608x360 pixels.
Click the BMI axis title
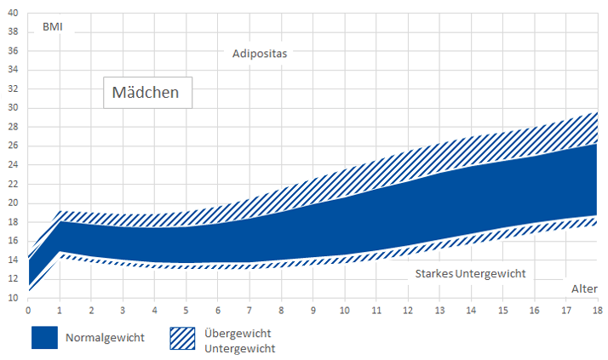click(53, 27)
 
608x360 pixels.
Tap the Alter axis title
click(584, 289)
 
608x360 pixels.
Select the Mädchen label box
click(146, 92)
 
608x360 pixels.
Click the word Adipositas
click(260, 54)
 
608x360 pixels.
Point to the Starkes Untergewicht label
click(470, 273)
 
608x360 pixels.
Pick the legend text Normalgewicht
click(105, 338)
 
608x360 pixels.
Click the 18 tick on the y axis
click(12, 222)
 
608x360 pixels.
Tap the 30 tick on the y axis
click(12, 108)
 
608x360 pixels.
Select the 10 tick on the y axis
click(12, 298)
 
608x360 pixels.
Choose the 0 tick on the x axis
click(28, 310)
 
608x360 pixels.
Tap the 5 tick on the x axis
click(186, 310)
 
